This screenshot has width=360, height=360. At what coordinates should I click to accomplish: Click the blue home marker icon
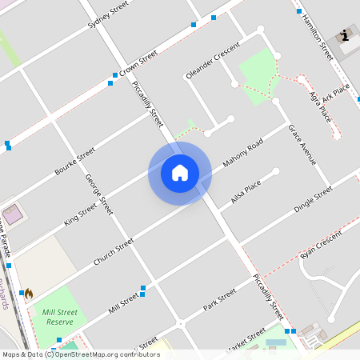click(179, 173)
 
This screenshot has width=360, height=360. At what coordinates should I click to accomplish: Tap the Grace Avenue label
click(302, 144)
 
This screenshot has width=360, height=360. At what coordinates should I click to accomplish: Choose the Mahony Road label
click(243, 153)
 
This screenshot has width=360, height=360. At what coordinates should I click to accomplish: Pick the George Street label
click(99, 194)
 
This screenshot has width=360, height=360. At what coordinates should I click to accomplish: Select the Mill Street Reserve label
click(59, 317)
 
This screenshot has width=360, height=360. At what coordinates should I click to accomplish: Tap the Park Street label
click(220, 301)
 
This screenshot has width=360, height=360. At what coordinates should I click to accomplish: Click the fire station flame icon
click(29, 294)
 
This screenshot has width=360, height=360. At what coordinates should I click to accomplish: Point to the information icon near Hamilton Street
click(345, 35)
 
